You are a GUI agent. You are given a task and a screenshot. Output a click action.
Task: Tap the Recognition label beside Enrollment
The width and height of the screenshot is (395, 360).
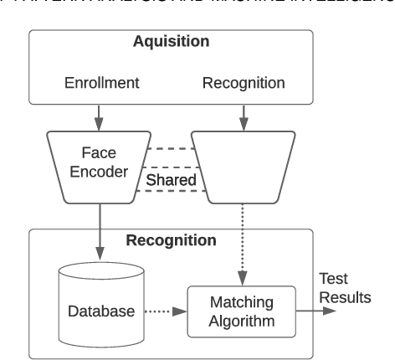[244, 85]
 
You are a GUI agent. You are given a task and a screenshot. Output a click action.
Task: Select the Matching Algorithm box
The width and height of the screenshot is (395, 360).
[243, 311]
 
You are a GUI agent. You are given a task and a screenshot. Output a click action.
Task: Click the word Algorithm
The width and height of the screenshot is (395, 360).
[243, 320]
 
